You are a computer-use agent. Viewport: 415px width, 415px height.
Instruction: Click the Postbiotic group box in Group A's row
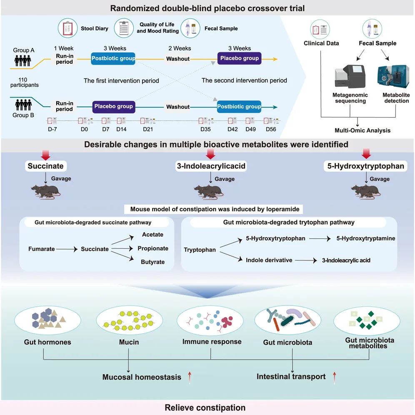(113, 58)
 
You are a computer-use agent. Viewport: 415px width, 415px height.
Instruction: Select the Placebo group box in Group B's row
(113, 106)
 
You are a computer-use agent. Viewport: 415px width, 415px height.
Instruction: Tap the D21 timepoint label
(148, 129)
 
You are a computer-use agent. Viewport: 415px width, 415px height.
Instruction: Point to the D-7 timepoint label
(52, 129)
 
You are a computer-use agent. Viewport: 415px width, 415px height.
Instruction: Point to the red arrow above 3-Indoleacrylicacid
(210, 155)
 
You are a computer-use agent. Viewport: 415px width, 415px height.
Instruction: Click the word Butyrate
(153, 262)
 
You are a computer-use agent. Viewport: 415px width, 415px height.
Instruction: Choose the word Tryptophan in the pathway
(200, 250)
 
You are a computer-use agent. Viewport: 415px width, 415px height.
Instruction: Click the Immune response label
(212, 342)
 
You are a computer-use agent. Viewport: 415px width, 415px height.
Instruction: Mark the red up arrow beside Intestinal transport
(334, 377)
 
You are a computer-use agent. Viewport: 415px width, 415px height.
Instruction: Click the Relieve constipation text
(205, 407)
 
